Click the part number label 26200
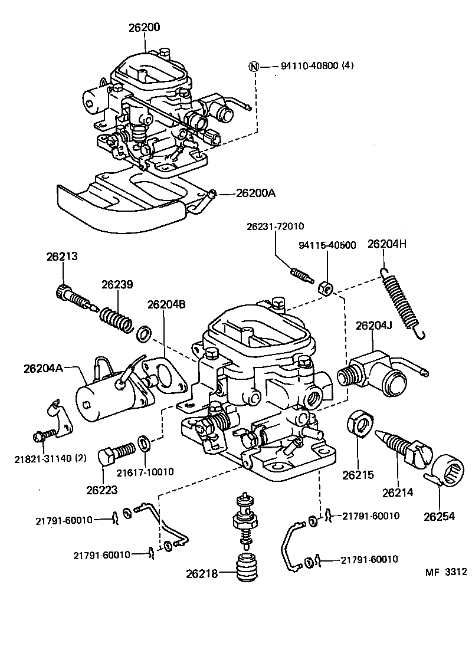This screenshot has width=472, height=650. click(x=143, y=27)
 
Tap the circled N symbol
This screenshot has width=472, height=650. click(x=254, y=66)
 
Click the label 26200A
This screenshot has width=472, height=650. click(x=256, y=193)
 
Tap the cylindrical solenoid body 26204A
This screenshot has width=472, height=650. click(x=103, y=396)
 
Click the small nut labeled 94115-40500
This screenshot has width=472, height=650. click(x=324, y=288)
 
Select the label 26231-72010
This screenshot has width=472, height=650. click(x=276, y=226)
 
